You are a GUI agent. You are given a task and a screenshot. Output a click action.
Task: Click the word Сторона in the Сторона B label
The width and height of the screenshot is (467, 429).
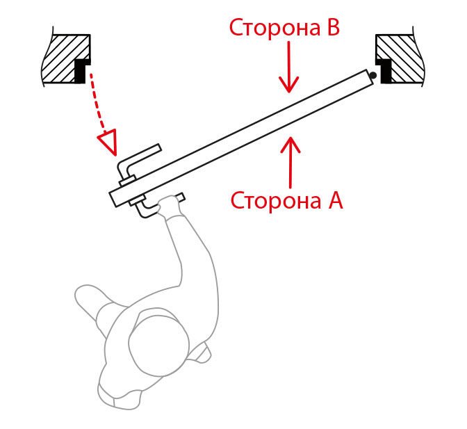click(x=275, y=27)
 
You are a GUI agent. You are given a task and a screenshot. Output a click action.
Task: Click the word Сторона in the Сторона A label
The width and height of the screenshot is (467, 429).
click(x=276, y=200)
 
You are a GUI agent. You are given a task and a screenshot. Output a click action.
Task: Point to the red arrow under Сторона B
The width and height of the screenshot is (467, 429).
click(x=289, y=67)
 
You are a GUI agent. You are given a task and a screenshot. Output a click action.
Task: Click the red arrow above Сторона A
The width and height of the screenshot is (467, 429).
click(x=290, y=162)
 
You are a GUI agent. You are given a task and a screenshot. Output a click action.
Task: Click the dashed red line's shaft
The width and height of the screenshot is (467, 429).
click(x=97, y=102)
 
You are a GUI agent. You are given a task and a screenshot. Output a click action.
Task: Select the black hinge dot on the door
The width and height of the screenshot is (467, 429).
click(x=372, y=76)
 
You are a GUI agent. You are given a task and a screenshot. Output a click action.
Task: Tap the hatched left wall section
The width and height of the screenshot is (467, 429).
click(x=63, y=59)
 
